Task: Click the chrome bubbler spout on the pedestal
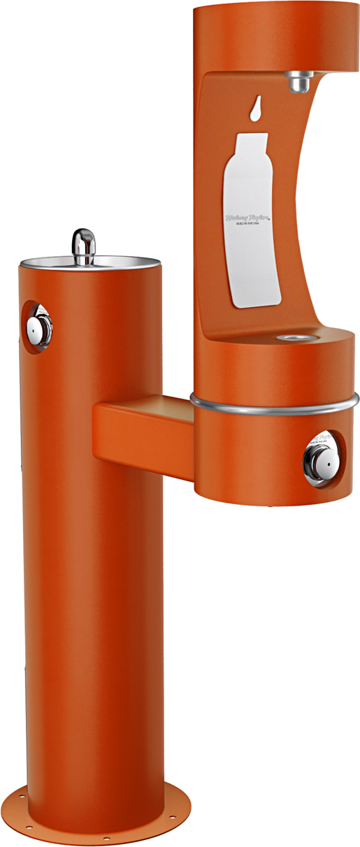84,245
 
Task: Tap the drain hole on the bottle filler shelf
287,339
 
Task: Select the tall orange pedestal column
91,560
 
